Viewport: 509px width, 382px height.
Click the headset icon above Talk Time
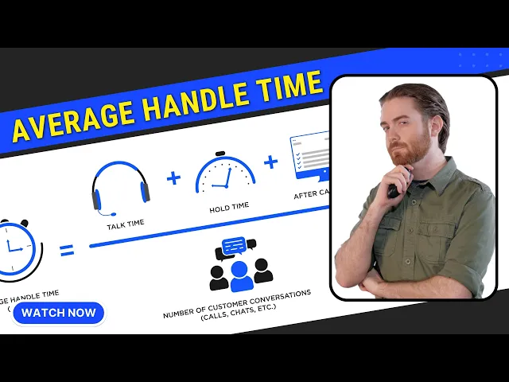(120, 188)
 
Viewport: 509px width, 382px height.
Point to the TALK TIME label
(126, 224)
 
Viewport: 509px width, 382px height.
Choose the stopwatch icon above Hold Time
(226, 173)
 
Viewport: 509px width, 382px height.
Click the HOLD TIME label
(229, 206)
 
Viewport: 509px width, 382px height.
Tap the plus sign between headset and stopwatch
(174, 177)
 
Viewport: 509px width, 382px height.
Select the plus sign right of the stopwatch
(271, 162)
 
